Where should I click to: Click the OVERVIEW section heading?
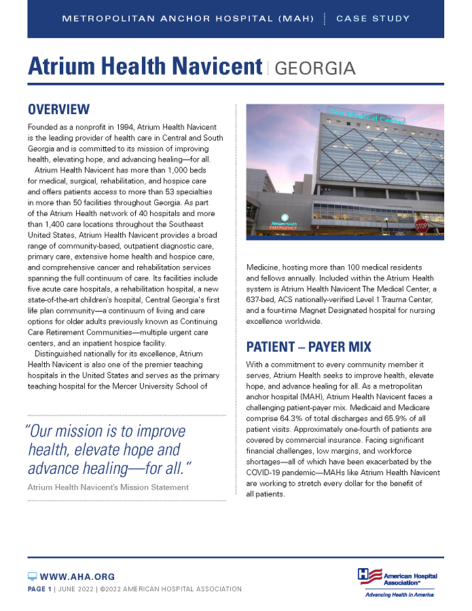(58, 109)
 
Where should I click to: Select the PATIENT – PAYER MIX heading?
(308, 347)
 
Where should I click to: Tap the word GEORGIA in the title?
(316, 68)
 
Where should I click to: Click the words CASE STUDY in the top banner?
(373, 18)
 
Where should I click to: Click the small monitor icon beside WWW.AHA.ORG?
(32, 576)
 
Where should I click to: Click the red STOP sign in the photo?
(422, 225)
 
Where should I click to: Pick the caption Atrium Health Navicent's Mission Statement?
(108, 487)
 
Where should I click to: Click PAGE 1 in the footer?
(39, 589)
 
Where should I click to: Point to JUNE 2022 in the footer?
(75, 589)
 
